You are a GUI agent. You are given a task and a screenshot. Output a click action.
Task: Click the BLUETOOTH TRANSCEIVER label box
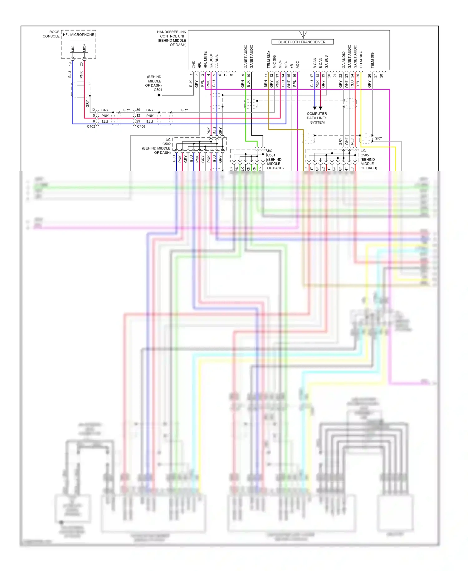pyautogui.click(x=302, y=42)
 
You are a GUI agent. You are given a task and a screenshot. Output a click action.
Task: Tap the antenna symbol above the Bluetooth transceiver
pyautogui.click(x=303, y=34)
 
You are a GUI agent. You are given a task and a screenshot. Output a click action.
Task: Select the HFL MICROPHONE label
pyautogui.click(x=79, y=35)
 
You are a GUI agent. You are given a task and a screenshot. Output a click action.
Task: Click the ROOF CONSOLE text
pyautogui.click(x=51, y=34)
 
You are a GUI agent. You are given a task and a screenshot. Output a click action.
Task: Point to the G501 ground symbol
pyautogui.click(x=158, y=95)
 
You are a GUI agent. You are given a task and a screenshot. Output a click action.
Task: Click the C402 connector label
pyautogui.click(x=91, y=127)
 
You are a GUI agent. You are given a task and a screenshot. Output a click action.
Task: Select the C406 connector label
pyautogui.click(x=141, y=127)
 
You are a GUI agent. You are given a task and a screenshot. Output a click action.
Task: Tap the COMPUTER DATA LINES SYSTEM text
pyautogui.click(x=317, y=118)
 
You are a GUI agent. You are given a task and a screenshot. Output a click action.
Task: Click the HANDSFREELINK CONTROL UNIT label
pyautogui.click(x=172, y=38)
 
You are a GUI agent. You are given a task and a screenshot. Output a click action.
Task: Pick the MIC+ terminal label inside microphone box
pyautogui.click(x=84, y=48)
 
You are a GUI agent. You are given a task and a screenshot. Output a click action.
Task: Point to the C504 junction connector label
pyautogui.click(x=271, y=155)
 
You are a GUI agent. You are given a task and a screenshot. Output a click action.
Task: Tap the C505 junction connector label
pyautogui.click(x=364, y=155)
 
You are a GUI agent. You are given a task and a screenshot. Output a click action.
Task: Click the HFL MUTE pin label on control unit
pyautogui.click(x=205, y=60)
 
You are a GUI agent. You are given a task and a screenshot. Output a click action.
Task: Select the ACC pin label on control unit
pyautogui.click(x=298, y=64)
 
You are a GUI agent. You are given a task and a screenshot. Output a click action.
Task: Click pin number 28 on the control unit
pyautogui.click(x=381, y=75)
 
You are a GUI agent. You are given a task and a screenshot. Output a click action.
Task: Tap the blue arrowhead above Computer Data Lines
pyautogui.click(x=314, y=108)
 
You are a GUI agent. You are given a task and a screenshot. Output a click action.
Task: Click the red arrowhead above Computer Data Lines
pyautogui.click(x=320, y=108)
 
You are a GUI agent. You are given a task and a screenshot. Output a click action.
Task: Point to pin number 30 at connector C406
pyautogui.click(x=138, y=110)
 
